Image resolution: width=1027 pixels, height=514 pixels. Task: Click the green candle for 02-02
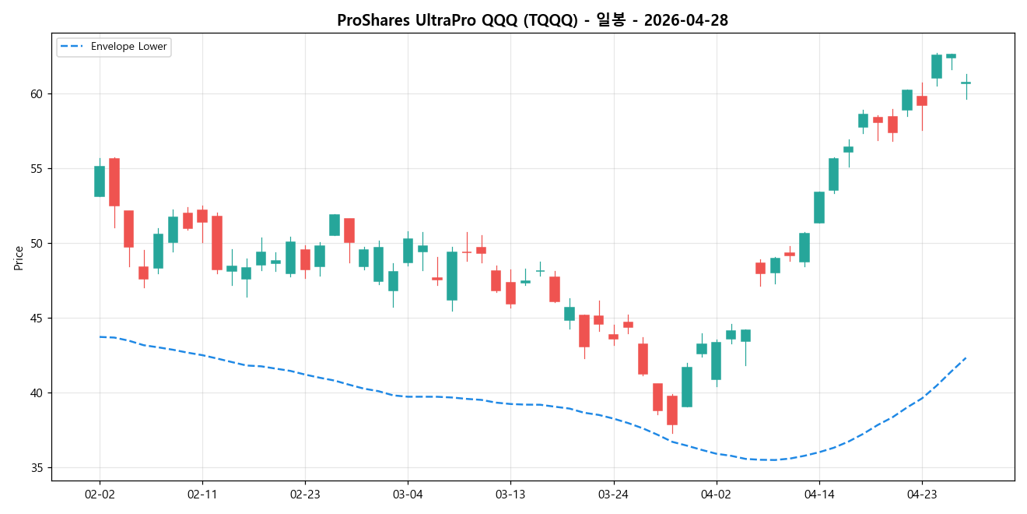100,181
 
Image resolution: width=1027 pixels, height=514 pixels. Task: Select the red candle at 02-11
202,216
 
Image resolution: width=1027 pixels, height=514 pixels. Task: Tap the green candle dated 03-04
408,250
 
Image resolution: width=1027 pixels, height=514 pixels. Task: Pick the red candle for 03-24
613,336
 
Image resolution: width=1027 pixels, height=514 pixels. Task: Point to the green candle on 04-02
716,361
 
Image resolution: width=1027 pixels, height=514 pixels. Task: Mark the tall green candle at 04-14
819,207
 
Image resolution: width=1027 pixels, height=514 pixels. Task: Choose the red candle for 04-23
922,100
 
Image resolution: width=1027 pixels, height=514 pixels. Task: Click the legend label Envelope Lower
128,47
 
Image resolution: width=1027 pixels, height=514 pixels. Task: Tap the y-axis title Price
19,258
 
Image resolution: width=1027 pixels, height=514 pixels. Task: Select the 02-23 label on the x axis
305,494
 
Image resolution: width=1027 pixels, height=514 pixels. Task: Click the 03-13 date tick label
510,494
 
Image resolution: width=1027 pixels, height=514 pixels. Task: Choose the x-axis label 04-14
819,494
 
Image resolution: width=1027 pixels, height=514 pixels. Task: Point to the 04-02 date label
716,494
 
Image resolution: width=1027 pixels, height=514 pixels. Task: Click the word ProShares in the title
370,21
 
